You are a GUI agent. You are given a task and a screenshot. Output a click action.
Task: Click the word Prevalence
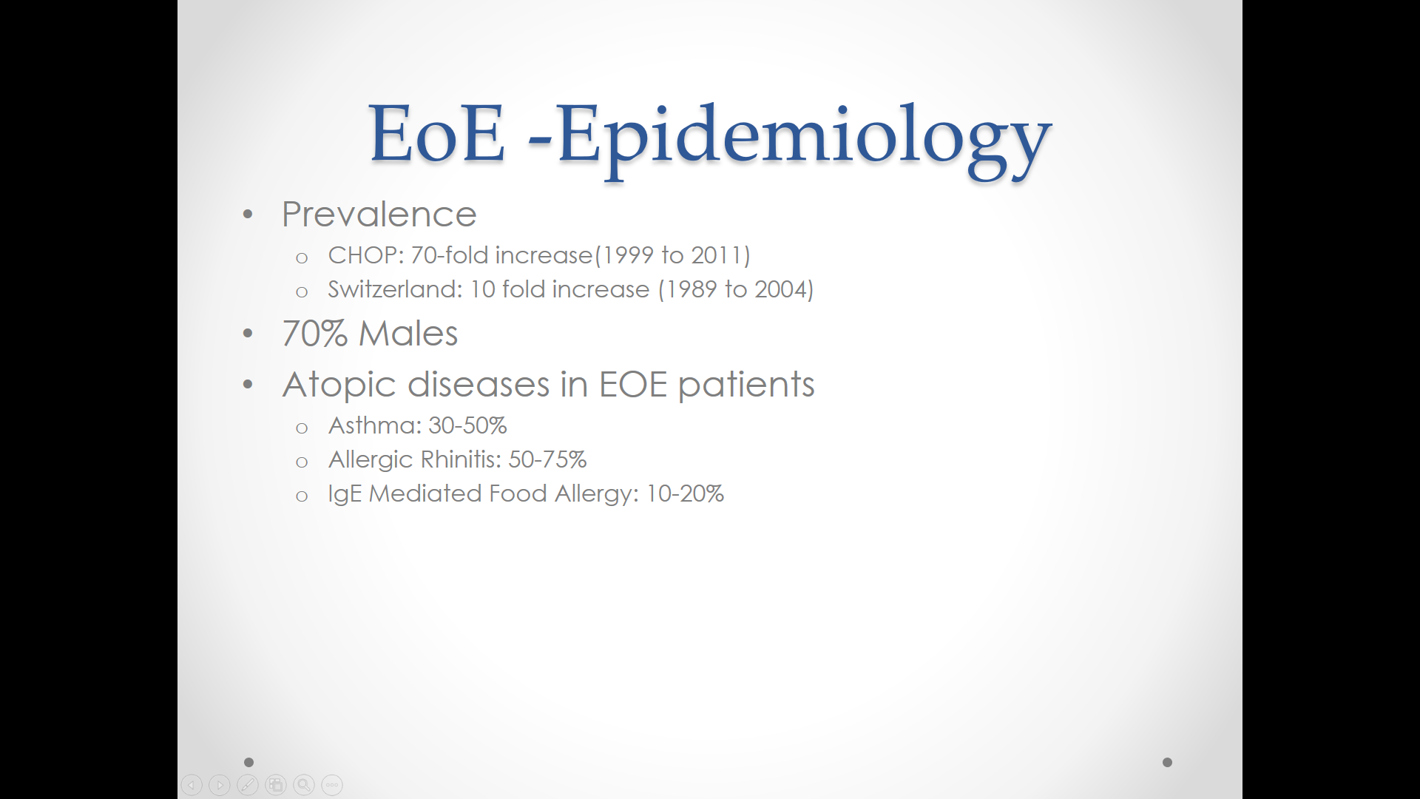pos(379,215)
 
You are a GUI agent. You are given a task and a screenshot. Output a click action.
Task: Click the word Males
pos(408,334)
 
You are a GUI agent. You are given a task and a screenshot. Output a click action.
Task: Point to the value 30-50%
pos(467,425)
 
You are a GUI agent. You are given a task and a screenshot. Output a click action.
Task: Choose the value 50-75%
pos(547,459)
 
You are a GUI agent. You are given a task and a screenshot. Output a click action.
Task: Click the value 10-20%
pos(685,493)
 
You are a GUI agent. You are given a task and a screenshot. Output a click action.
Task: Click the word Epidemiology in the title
pos(804,137)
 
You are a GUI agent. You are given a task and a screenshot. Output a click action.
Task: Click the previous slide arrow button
pos(192,785)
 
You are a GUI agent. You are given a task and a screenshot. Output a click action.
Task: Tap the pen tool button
pos(248,785)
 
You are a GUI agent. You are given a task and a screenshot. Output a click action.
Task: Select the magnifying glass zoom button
pos(304,785)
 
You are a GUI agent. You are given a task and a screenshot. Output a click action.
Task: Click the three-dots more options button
pos(332,785)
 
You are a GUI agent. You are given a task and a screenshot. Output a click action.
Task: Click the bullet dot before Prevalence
pos(248,215)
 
